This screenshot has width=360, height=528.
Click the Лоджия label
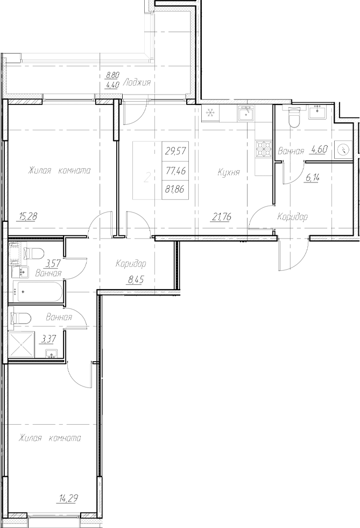tap(136, 83)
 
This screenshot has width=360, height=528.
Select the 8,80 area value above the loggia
tap(112, 76)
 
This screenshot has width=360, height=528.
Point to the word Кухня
tap(228, 172)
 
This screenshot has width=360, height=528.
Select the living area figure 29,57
tap(175, 151)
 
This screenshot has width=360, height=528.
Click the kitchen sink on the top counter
tap(246, 114)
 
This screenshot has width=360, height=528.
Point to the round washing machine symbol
tap(343, 149)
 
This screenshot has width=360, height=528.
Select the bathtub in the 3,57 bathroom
tap(37, 293)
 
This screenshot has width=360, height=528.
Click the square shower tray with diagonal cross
tap(22, 346)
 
